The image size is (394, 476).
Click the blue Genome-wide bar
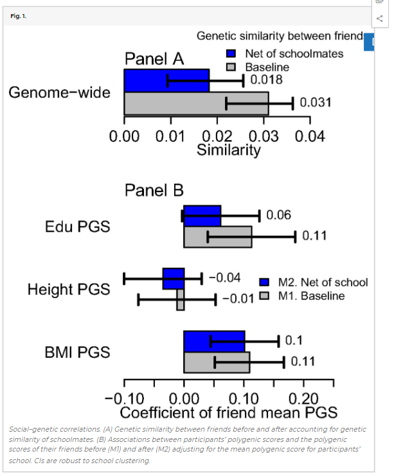(x=166, y=80)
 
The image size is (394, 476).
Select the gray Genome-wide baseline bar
(x=196, y=103)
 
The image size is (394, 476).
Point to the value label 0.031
(x=315, y=103)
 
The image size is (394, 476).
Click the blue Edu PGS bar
(x=202, y=216)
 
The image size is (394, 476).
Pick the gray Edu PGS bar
(x=217, y=236)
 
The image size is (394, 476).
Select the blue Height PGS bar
(x=174, y=279)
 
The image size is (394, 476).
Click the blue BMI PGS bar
(x=214, y=341)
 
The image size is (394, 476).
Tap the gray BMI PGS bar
(x=216, y=362)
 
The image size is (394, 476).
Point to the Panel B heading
(x=154, y=190)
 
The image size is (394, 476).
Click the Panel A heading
(x=154, y=60)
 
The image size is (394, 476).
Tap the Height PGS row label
(x=68, y=290)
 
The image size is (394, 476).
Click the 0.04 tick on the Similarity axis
(x=310, y=136)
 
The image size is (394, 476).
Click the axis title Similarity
(x=229, y=151)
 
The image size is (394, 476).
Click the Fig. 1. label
(x=19, y=15)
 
